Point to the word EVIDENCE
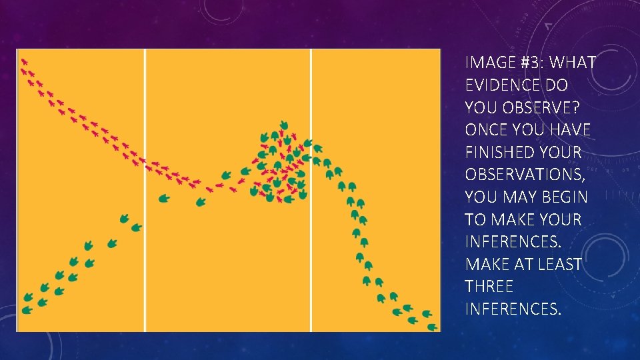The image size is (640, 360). pyautogui.click(x=503, y=85)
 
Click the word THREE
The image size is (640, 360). pyautogui.click(x=489, y=287)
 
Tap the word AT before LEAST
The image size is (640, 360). pyautogui.click(x=524, y=265)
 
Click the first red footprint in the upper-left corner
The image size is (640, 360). pyautogui.click(x=25, y=62)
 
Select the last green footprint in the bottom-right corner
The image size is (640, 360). pyautogui.click(x=432, y=327)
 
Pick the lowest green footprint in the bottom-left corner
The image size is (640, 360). pyautogui.click(x=27, y=310)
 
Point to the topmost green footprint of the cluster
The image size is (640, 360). pyautogui.click(x=284, y=125)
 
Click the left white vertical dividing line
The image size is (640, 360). pyautogui.click(x=145, y=190)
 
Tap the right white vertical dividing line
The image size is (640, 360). pyautogui.click(x=311, y=190)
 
